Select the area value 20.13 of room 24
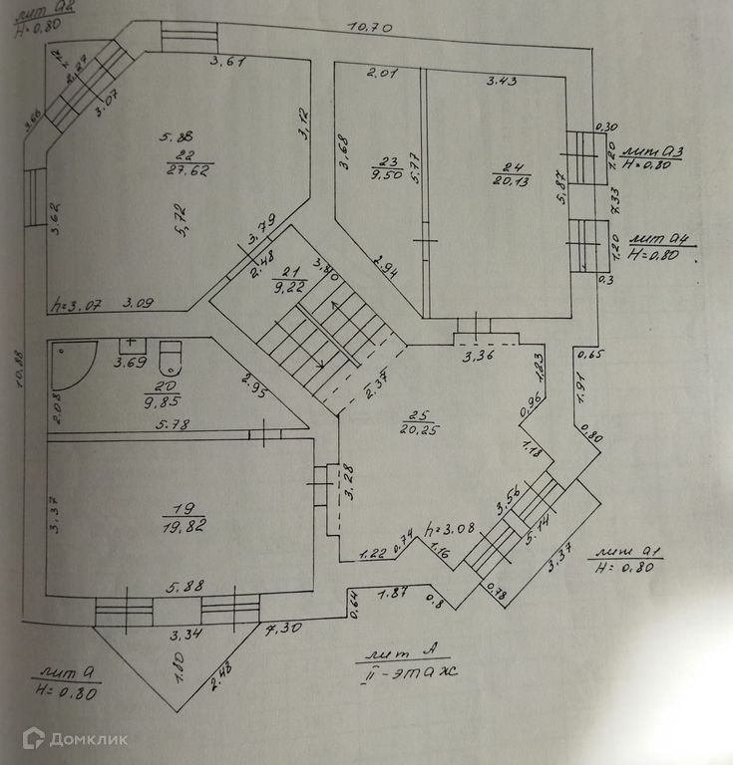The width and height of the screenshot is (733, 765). (x=511, y=180)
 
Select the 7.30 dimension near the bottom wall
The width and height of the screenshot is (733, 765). (x=285, y=630)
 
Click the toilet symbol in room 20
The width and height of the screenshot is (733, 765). (x=172, y=356)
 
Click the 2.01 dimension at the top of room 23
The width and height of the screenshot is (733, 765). (x=382, y=73)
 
